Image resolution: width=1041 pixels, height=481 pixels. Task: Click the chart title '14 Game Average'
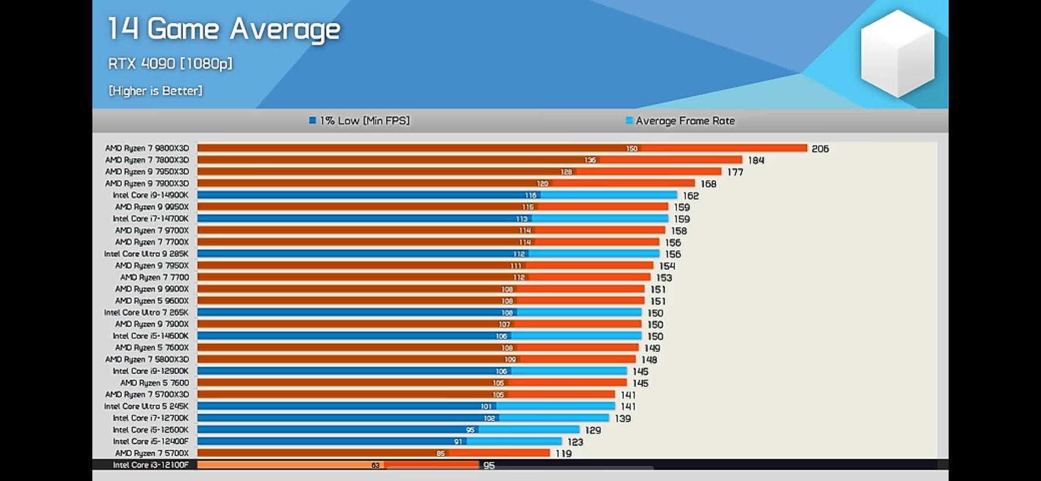point(224,30)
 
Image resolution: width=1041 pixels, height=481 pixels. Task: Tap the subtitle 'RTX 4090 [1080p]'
point(170,63)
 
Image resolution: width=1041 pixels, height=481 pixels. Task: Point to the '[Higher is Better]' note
point(155,91)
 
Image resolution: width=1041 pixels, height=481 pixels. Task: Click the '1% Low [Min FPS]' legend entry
point(360,121)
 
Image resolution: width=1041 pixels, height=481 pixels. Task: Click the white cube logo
point(897,53)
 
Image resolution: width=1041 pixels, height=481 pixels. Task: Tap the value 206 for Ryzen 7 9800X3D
point(820,149)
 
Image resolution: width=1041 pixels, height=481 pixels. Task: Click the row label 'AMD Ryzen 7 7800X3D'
point(147,160)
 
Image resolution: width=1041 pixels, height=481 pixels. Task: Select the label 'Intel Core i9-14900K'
point(150,195)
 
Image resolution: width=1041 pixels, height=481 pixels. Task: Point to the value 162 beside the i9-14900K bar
point(690,196)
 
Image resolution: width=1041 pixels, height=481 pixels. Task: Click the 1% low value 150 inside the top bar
point(631,149)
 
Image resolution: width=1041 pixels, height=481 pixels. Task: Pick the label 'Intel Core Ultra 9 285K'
point(146,254)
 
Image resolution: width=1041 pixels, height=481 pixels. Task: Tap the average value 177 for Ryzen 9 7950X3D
point(735,172)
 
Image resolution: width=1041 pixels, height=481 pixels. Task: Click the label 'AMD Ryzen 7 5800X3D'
point(147,359)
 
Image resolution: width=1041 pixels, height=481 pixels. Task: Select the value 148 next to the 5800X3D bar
point(649,360)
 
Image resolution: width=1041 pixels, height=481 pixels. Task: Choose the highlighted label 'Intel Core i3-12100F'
point(150,465)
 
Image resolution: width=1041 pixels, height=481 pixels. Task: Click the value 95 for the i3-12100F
point(489,465)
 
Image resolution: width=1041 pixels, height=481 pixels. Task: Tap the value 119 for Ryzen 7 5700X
point(563,453)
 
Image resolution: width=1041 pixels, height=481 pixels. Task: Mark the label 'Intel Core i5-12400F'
point(150,441)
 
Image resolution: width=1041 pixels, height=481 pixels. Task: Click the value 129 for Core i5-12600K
point(593,430)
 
